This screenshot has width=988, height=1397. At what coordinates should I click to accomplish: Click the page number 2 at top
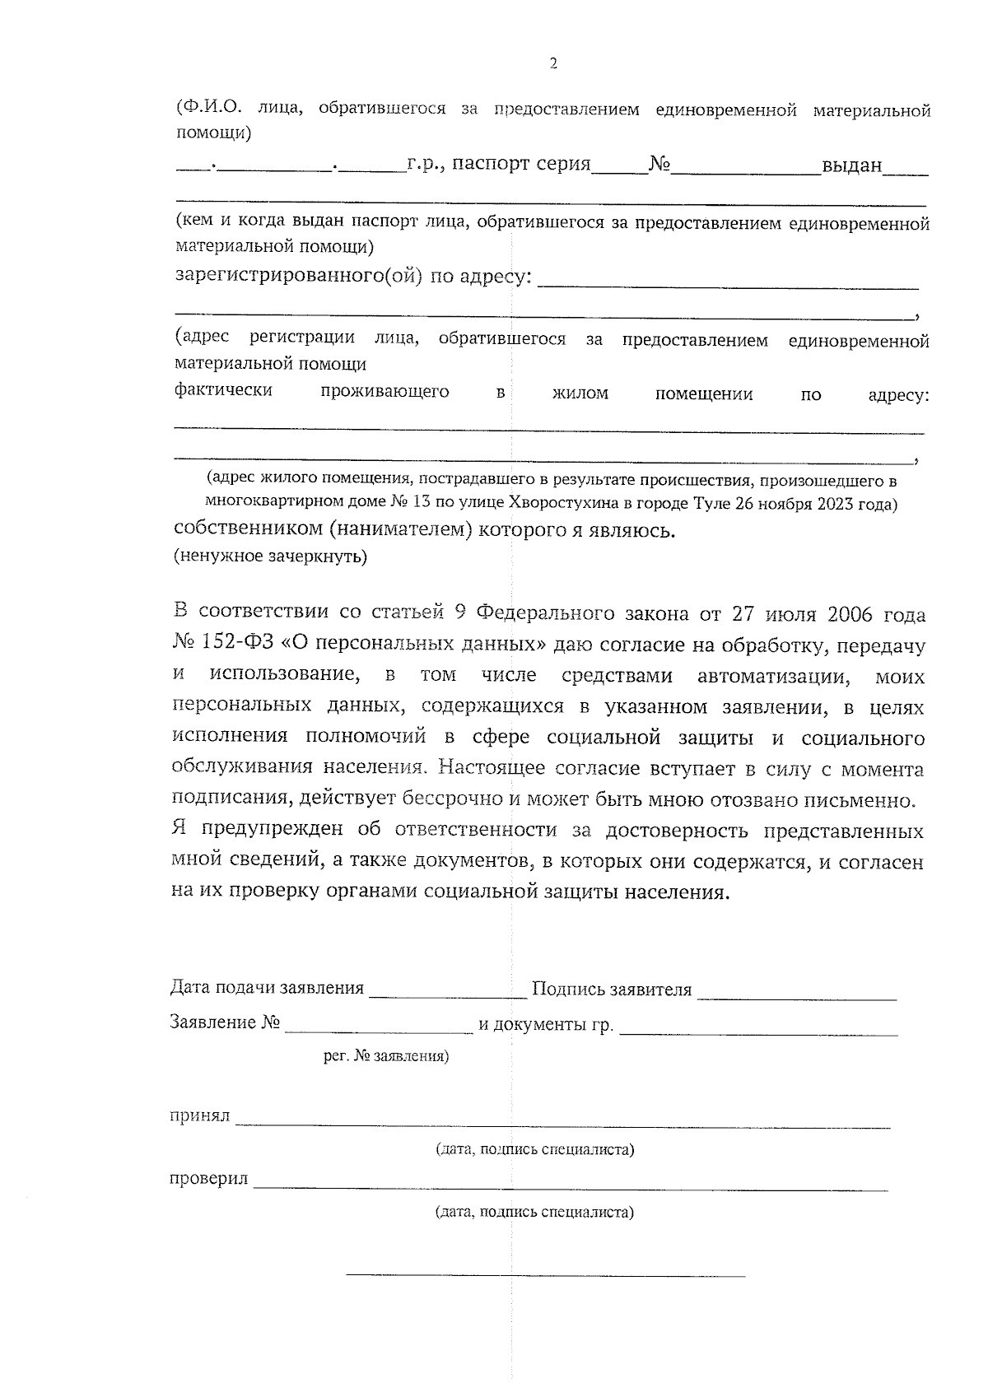552,63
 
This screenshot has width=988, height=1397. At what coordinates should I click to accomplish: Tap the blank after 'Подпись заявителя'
796,994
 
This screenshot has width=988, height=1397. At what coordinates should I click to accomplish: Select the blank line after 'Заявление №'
379,1027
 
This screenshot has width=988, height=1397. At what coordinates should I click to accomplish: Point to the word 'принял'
199,1117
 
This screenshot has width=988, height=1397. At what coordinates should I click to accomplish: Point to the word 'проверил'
208,1179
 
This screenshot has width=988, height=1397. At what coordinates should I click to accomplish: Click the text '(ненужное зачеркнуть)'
270,557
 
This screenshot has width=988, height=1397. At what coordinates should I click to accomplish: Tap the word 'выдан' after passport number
851,165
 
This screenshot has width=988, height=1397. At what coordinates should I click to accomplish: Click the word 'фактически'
223,390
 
